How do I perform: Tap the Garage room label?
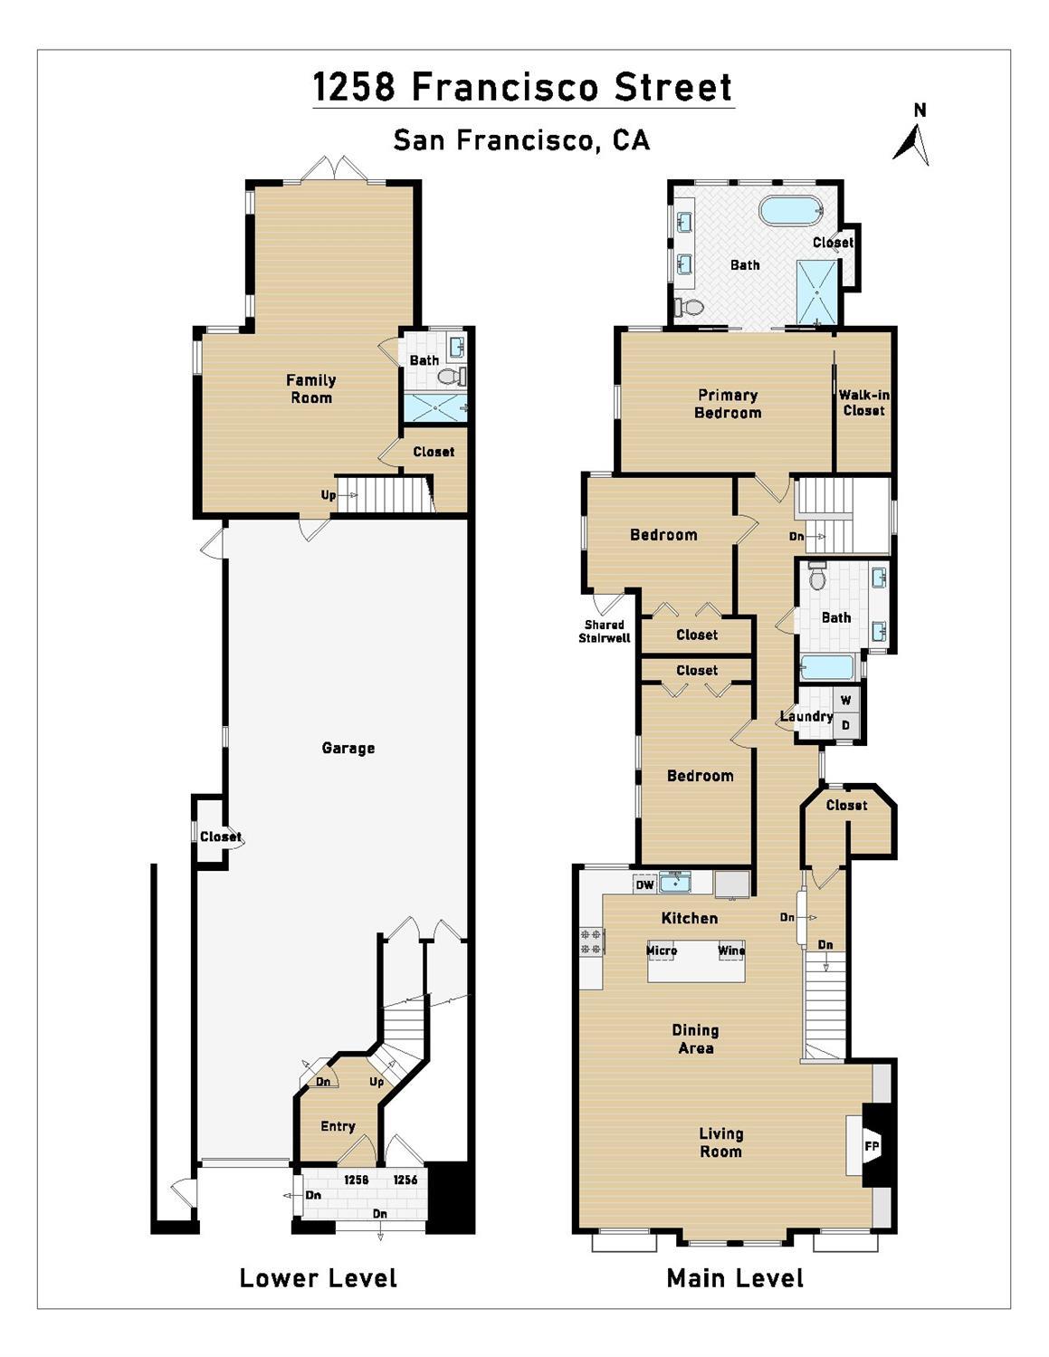click(348, 748)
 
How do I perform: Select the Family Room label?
click(311, 388)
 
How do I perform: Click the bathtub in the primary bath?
click(791, 210)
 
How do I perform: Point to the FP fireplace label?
click(872, 1147)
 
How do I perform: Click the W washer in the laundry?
click(845, 700)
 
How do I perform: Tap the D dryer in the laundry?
click(845, 725)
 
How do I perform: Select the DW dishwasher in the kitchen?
click(644, 884)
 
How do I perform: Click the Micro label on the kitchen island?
click(662, 951)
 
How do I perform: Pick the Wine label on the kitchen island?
click(731, 951)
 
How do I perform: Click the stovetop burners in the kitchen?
click(591, 941)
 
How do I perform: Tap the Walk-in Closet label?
click(864, 402)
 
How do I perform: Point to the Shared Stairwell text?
click(605, 631)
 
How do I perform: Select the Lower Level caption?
click(319, 1277)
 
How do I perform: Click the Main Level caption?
click(735, 1277)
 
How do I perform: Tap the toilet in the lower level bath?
click(451, 376)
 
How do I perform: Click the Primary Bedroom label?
click(728, 404)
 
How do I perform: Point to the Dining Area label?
click(696, 1039)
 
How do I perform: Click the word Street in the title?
click(673, 87)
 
